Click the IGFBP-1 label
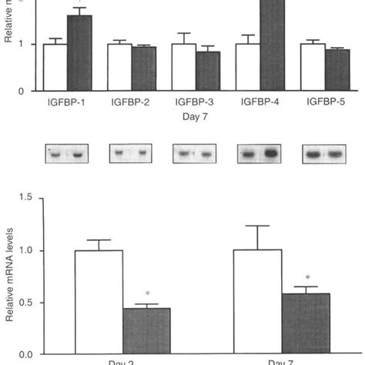[x=65, y=102]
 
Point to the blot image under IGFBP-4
[x=260, y=154]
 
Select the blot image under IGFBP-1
[x=65, y=154]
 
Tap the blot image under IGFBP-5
[x=324, y=154]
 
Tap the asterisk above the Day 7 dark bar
[x=307, y=278]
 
